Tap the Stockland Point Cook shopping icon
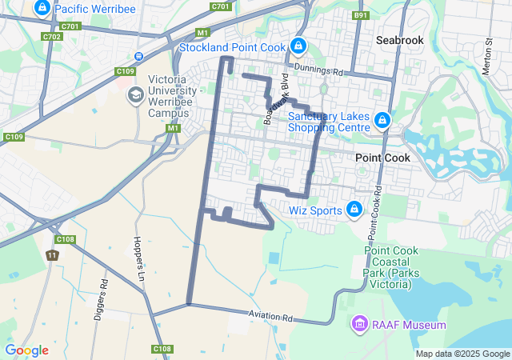(x=298, y=47)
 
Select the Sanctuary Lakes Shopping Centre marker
(x=382, y=121)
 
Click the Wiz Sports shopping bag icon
(x=354, y=210)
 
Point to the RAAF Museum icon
(x=359, y=325)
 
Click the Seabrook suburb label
(x=399, y=39)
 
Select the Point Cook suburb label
(x=382, y=158)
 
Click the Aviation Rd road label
(x=270, y=318)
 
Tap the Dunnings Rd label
(x=318, y=70)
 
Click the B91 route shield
(x=361, y=15)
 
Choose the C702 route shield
(x=53, y=37)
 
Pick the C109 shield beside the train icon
(x=125, y=71)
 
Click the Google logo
(x=26, y=350)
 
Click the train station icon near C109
(x=138, y=56)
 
